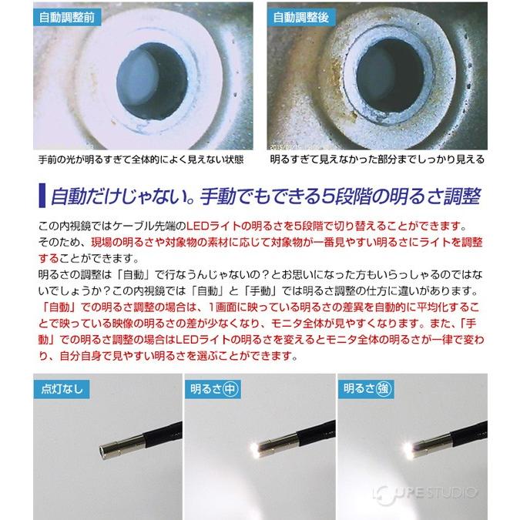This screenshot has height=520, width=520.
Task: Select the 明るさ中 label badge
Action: [213, 387]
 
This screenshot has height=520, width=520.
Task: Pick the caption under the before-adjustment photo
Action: [129, 160]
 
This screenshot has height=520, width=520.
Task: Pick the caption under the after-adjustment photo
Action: [377, 160]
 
